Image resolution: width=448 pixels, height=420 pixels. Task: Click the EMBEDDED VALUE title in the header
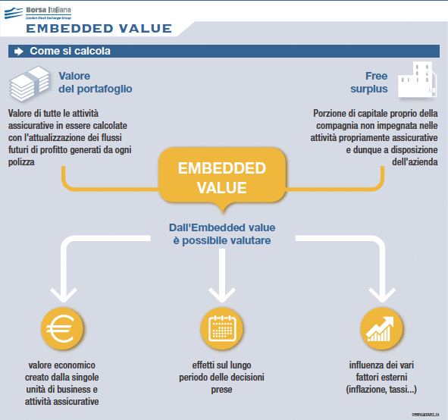(x=99, y=30)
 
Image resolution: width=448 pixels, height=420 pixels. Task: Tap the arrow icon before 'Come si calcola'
(x=19, y=52)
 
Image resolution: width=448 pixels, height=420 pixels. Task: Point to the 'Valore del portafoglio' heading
(x=95, y=83)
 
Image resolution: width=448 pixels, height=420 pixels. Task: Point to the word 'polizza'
(x=25, y=161)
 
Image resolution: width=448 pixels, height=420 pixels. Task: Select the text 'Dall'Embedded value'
(x=221, y=227)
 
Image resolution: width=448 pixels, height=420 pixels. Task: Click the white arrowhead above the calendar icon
(x=221, y=293)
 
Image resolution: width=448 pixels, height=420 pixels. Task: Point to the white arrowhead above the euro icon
(x=63, y=293)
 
